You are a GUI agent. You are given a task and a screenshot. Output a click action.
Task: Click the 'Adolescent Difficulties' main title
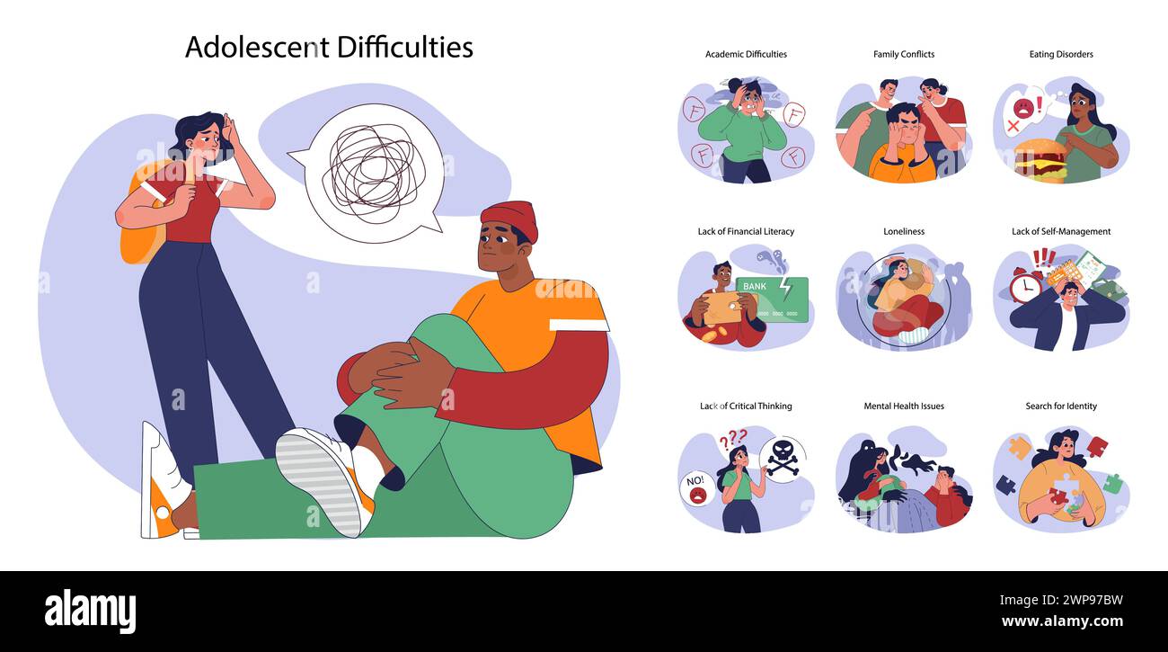pyautogui.click(x=329, y=47)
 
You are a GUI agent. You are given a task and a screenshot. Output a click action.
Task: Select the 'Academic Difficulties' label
pyautogui.click(x=746, y=54)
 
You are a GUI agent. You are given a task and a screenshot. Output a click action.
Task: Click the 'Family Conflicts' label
pyautogui.click(x=903, y=54)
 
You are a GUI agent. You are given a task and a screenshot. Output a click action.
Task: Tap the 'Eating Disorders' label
pyautogui.click(x=1061, y=54)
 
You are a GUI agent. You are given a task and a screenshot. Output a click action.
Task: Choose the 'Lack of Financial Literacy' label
pyautogui.click(x=746, y=231)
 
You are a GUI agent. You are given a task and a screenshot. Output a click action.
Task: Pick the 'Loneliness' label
pyautogui.click(x=903, y=231)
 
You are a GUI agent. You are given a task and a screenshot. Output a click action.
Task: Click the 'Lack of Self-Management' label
pyautogui.click(x=1061, y=231)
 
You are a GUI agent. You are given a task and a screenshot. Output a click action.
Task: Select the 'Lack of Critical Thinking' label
pyautogui.click(x=746, y=406)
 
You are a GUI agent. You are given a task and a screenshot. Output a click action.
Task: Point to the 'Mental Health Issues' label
pyautogui.click(x=903, y=406)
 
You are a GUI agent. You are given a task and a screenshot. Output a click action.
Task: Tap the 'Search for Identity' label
pyautogui.click(x=1061, y=406)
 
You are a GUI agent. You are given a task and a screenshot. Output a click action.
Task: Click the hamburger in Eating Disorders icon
pyautogui.click(x=1040, y=160)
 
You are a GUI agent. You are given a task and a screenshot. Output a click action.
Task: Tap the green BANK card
pyautogui.click(x=774, y=297)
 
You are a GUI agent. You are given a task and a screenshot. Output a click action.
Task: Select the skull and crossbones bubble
pyautogui.click(x=782, y=460)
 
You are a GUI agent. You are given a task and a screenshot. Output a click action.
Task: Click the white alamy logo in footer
pyautogui.click(x=90, y=612)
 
